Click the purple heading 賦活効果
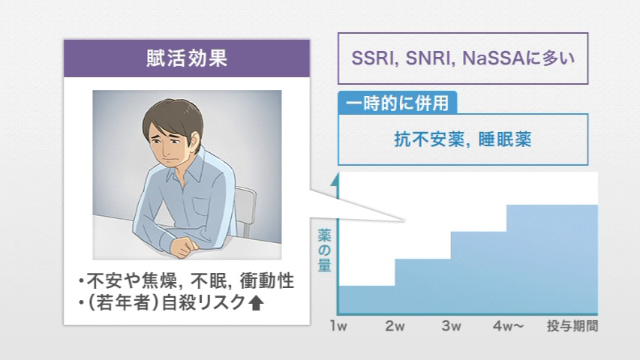coord(187,58)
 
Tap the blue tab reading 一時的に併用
coord(397,103)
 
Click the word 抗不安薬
coord(428,139)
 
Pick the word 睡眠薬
coord(505,139)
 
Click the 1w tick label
coord(338,325)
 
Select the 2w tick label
coord(395,325)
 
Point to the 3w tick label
coord(451,325)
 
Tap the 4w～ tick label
coord(508,325)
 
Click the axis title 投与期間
coord(572,325)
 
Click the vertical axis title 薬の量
coord(324,250)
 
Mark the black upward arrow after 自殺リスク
coord(256,302)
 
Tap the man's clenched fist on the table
coord(183,247)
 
